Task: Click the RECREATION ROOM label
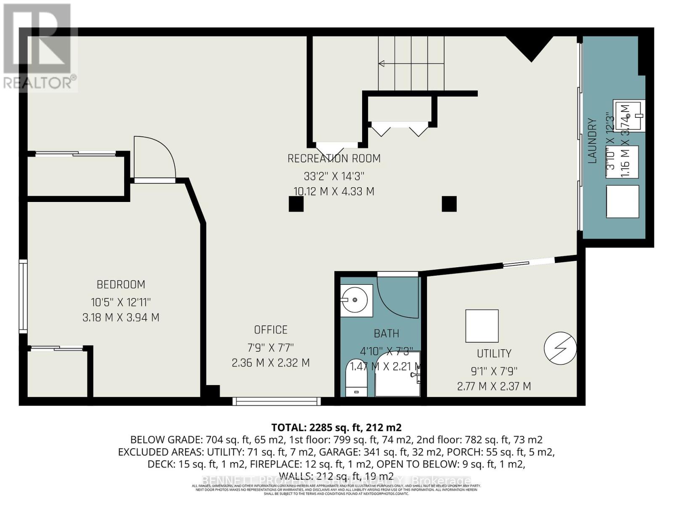coord(334,159)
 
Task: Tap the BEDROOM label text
coord(121,285)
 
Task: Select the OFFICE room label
coord(270,330)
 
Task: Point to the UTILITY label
coord(494,353)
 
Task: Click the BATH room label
coord(386,334)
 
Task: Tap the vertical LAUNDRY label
coord(592,141)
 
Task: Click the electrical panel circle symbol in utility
coord(560,348)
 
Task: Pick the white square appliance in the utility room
coord(482,326)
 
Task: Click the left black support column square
coord(296,204)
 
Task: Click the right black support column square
coord(449,204)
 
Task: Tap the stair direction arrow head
coord(382,64)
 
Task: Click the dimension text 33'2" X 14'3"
coord(334,175)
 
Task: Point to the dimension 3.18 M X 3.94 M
coord(121,317)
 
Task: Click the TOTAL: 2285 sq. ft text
coord(336,428)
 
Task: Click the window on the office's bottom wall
coord(276,401)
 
